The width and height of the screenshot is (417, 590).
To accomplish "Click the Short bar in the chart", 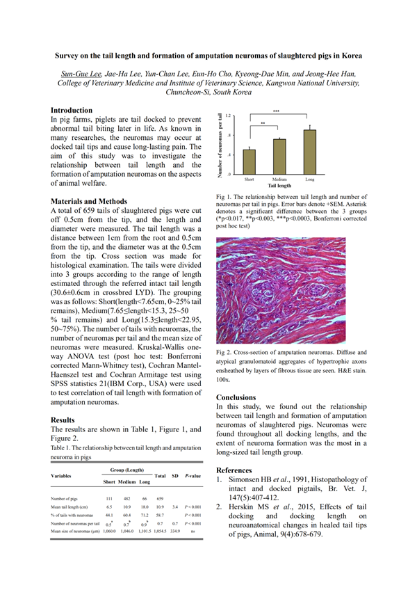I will [249, 161].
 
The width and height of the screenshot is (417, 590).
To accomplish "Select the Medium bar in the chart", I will [279, 157].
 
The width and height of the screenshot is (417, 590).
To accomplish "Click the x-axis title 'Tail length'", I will [279, 186].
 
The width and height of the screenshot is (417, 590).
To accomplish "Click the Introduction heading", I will [72, 110].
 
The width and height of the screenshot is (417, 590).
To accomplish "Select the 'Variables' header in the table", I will [63, 476].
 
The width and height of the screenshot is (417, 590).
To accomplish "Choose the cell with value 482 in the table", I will [127, 499].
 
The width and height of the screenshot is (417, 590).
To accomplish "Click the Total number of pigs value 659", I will [161, 499].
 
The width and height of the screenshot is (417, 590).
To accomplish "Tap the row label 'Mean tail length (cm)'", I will [73, 507].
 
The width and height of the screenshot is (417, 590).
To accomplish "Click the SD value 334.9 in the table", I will [176, 531].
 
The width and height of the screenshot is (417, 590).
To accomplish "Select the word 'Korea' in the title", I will [350, 54].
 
